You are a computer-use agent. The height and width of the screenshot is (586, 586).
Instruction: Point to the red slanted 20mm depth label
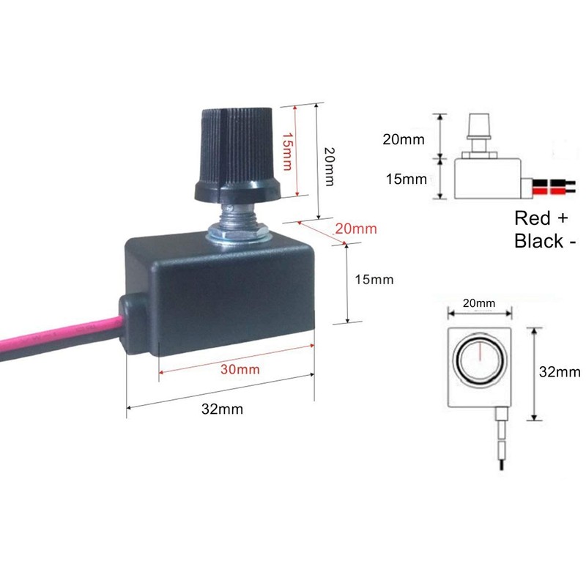[355, 229]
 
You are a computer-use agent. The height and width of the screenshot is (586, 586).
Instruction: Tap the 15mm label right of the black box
[373, 279]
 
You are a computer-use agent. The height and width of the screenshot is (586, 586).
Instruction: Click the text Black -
[544, 240]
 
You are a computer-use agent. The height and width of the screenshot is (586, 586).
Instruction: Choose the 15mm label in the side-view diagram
[406, 178]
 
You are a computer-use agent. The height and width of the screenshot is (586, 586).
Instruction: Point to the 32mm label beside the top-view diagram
[560, 371]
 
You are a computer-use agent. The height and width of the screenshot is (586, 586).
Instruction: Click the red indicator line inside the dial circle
[481, 353]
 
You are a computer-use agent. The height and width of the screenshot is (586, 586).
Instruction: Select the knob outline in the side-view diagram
[478, 129]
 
